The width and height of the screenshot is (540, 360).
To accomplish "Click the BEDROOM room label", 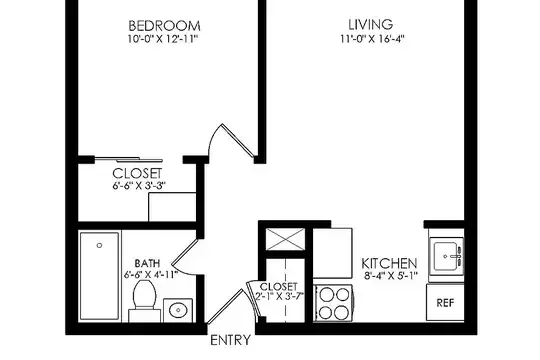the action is (164, 26).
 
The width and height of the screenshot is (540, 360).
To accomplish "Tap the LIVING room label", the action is (371, 24).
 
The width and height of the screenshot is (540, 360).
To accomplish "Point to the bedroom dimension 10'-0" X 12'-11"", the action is (163, 39).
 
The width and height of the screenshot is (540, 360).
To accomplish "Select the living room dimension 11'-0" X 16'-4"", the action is (372, 39).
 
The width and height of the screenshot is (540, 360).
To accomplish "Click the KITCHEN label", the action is (389, 264).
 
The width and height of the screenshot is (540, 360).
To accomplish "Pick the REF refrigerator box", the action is (445, 302).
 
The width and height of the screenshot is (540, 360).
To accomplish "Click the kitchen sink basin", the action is (447, 256).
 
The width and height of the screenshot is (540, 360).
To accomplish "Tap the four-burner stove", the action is (333, 304).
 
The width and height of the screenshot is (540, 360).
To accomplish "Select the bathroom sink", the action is (178, 310).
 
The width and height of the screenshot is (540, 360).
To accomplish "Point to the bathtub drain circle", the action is (100, 246).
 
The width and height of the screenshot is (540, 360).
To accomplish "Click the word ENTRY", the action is (230, 340).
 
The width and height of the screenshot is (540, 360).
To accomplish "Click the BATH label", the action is (147, 264).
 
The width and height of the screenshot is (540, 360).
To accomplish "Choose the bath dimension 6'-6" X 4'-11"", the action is (151, 275).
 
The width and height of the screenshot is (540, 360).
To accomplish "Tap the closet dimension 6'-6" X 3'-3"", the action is (139, 186).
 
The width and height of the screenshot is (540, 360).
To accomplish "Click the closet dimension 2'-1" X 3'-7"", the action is (279, 296).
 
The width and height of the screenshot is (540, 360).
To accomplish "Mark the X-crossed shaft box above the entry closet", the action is (285, 239).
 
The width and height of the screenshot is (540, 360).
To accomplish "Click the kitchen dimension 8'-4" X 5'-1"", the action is (391, 276).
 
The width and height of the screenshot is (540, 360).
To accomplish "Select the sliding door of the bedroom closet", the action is (128, 160).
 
